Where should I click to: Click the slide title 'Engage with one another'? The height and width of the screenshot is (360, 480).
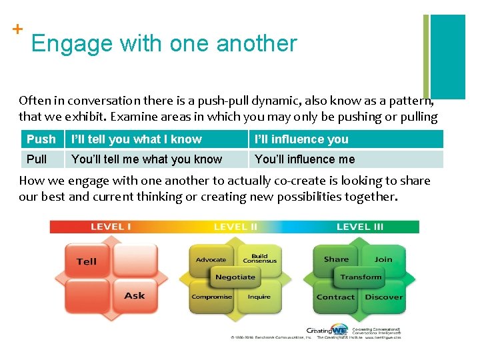(x=163, y=43)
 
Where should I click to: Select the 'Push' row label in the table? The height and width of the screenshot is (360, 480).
(x=41, y=139)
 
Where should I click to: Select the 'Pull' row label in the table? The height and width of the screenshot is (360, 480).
(x=37, y=159)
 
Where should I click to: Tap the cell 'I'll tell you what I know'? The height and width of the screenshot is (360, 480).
(x=136, y=139)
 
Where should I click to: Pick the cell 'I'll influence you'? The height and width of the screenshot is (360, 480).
(x=301, y=139)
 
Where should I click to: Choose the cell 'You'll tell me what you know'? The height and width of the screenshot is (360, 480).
(x=147, y=159)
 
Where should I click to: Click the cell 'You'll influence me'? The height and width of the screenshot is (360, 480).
(x=305, y=159)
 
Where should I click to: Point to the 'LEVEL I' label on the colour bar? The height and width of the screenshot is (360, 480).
(x=111, y=227)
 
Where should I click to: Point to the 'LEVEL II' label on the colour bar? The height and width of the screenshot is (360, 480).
(x=235, y=227)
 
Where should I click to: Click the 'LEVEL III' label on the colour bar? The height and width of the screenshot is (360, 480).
(x=360, y=227)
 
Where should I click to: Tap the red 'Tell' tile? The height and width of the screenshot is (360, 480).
(x=87, y=261)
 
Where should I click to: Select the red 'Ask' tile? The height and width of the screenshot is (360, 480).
(x=134, y=295)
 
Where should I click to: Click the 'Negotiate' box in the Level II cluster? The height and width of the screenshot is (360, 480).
(x=235, y=277)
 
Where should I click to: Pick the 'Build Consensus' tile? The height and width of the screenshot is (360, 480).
(x=259, y=259)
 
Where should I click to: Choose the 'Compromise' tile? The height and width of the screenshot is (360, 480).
(x=211, y=297)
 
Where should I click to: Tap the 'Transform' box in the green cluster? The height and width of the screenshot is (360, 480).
(x=361, y=277)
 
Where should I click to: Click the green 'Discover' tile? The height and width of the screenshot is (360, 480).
(x=384, y=297)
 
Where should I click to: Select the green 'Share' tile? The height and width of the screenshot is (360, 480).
(x=336, y=259)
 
